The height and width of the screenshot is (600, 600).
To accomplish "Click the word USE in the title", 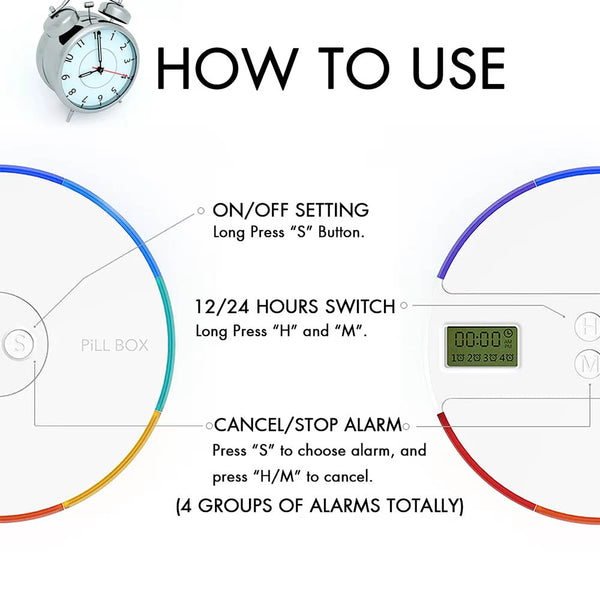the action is pos(458,69).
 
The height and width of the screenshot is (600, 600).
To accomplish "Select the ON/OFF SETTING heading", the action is pos(291,210).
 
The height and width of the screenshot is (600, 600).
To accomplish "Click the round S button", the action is pos(18,344).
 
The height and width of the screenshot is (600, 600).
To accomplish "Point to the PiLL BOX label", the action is pos(114,346).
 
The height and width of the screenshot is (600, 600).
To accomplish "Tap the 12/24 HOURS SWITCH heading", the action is pos(295,307).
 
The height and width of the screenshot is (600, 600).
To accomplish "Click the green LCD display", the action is pos(482,346).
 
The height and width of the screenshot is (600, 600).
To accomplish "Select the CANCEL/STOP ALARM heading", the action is pos(308,425).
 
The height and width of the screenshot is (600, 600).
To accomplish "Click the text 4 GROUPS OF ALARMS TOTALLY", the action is pos(320,505).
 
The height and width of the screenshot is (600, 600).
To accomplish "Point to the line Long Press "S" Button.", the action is pos(289,232).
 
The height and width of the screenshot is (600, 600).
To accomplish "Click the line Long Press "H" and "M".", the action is pos(281,331).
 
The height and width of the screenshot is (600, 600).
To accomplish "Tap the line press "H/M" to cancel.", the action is pos(293,477).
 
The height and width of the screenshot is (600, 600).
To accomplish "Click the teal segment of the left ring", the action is pos(168,344).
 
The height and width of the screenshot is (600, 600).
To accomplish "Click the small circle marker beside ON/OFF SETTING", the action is pos(201,210).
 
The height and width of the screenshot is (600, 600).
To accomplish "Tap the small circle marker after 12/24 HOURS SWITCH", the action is pos(404,305).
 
